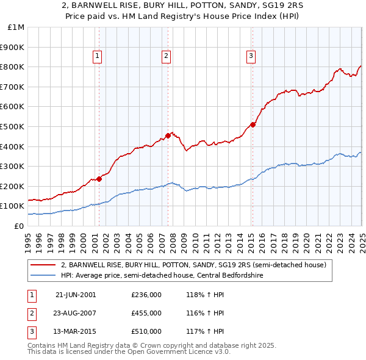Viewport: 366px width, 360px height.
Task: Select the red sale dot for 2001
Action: click(99, 179)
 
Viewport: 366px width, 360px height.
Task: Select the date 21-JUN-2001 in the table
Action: click(76, 295)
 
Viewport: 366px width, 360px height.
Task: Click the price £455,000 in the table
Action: click(146, 313)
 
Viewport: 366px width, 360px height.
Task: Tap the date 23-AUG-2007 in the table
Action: click(76, 313)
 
